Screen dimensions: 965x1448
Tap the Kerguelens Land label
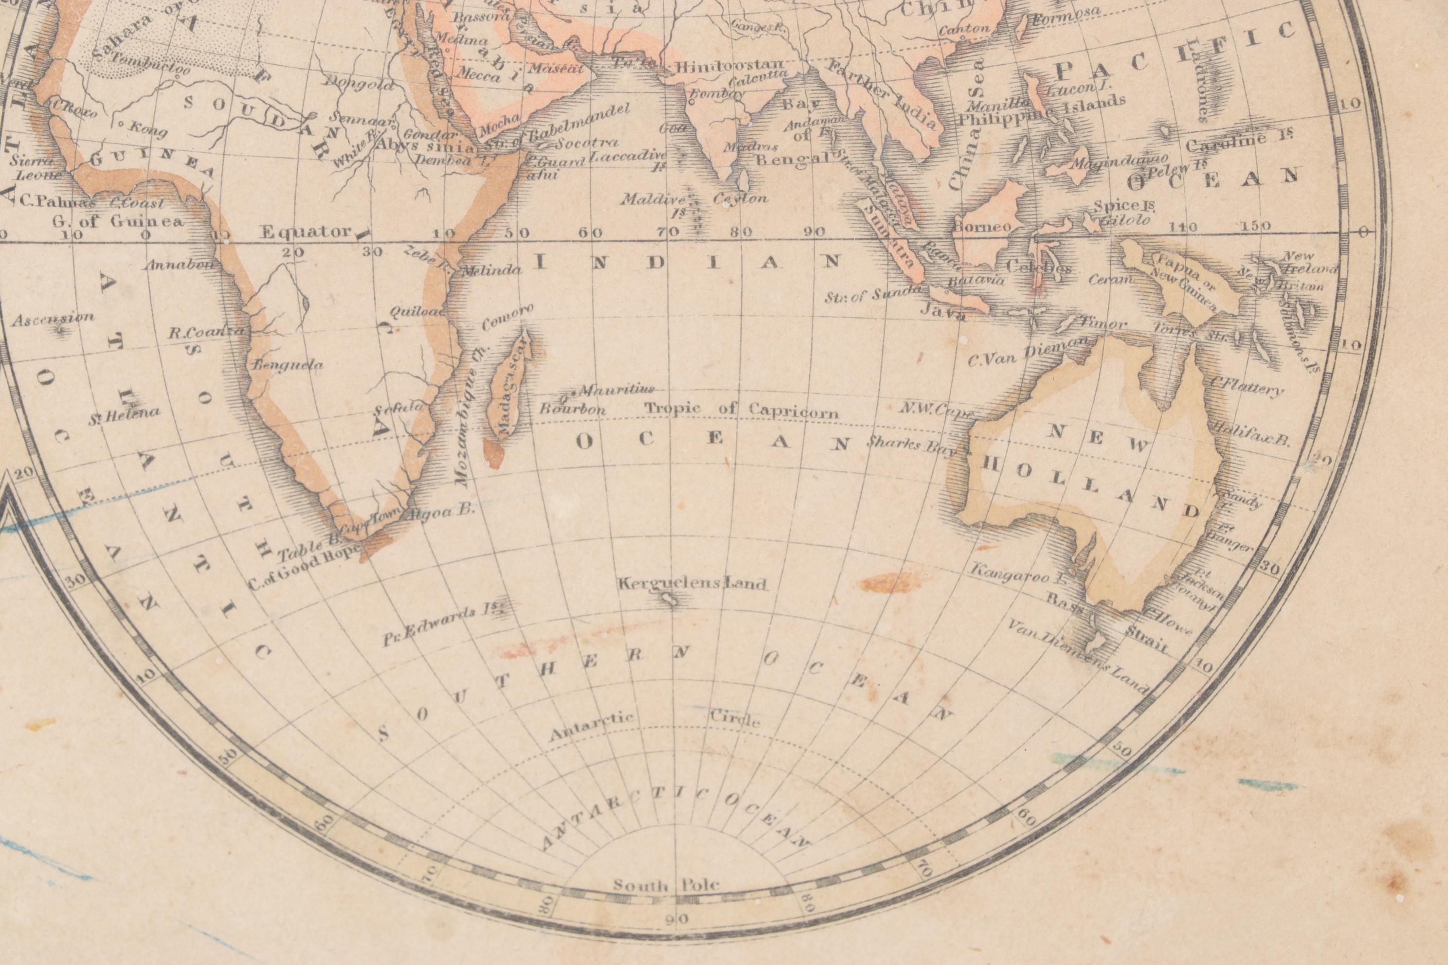tap(692, 583)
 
